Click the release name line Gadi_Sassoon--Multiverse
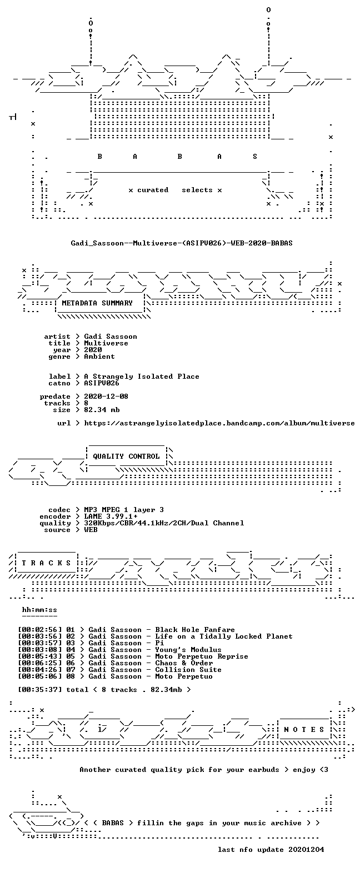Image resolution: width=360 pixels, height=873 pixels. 181,243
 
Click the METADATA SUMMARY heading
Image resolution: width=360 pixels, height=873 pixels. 97,303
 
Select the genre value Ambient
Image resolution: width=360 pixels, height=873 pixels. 99,357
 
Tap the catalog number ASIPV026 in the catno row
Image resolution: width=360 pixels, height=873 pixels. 102,383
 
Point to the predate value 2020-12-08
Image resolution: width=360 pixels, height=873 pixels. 106,397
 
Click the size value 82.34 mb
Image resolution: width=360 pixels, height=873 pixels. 102,410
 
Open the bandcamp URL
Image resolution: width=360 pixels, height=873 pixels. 219,423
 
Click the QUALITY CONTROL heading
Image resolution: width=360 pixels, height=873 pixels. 126,456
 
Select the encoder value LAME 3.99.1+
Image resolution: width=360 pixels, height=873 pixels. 111,516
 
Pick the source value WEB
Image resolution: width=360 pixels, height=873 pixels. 91,530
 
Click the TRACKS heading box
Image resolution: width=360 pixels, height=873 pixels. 47,563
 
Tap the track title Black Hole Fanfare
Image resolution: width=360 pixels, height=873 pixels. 195,629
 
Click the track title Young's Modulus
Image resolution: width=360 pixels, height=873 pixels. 188,650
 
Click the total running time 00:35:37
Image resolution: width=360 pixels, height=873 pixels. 40,689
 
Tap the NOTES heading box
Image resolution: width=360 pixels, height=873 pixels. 304,730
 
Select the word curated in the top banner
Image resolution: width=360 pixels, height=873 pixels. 153,190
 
